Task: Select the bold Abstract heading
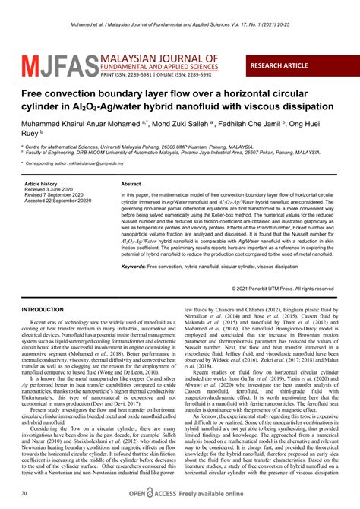pyautogui.click(x=131, y=185)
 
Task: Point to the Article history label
pyautogui.click(x=41, y=185)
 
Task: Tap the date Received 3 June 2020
pyautogui.click(x=50, y=190)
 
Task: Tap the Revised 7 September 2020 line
pyautogui.click(x=56, y=195)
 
